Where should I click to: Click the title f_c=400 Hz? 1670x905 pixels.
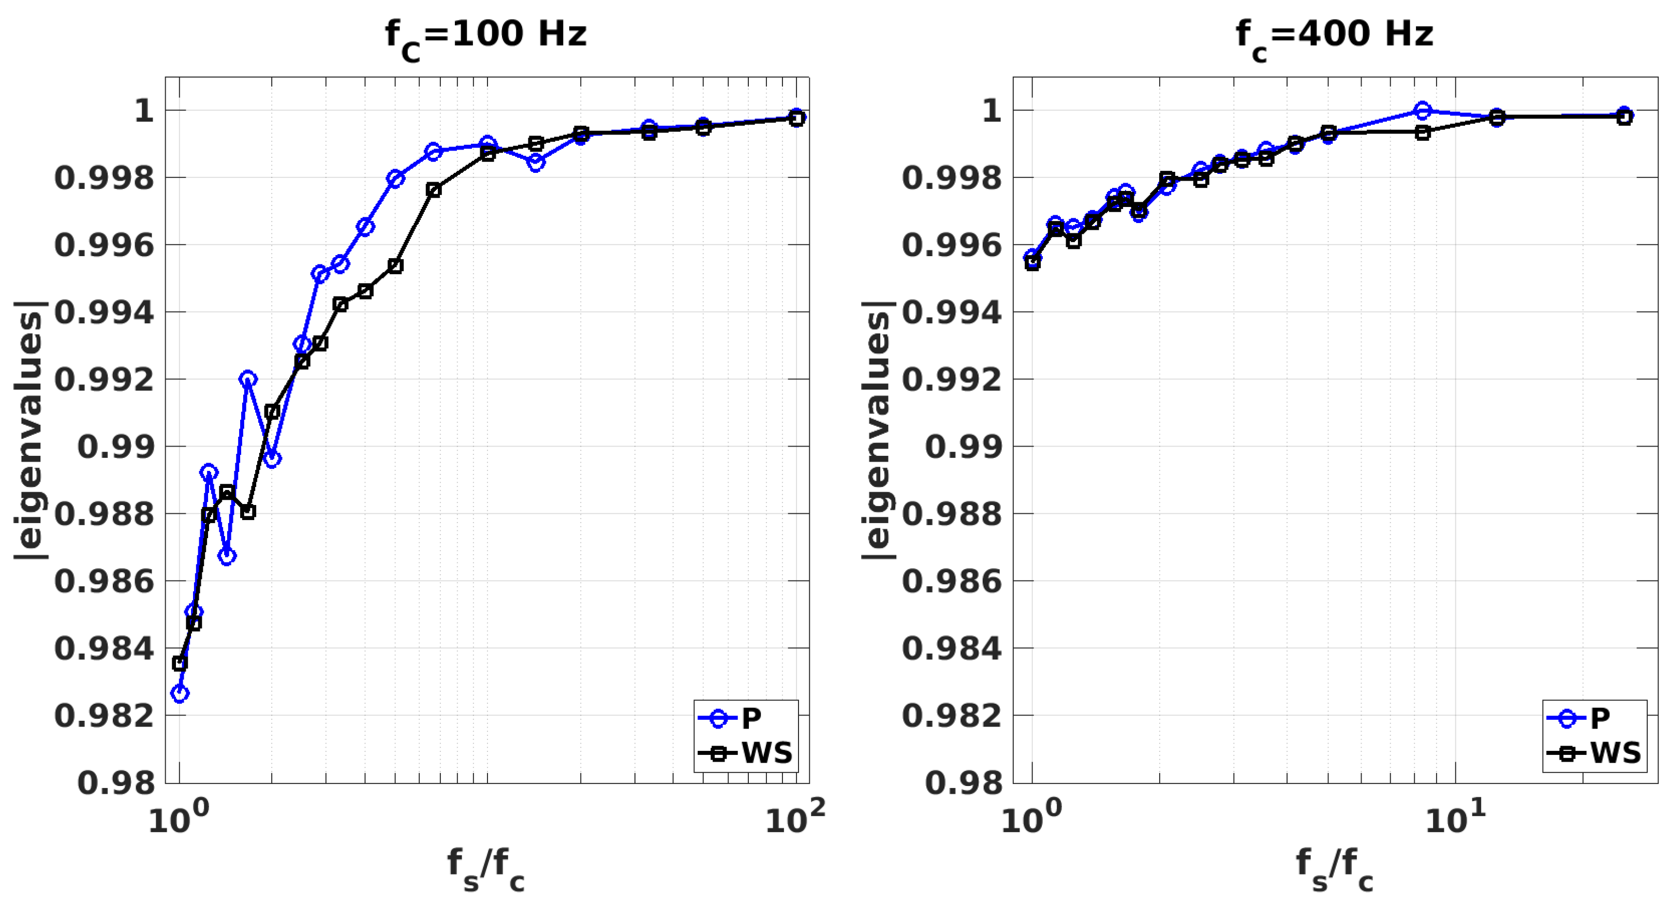click(x=1334, y=35)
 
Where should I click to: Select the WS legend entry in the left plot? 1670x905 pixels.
click(x=746, y=753)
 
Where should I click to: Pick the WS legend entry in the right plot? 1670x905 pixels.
click(x=1594, y=753)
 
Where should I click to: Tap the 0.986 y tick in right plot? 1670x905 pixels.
click(x=952, y=582)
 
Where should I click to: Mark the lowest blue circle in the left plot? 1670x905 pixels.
click(x=180, y=693)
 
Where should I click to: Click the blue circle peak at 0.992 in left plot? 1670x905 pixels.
click(x=248, y=379)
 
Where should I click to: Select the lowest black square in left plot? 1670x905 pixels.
click(x=180, y=663)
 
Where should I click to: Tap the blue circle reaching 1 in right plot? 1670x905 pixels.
click(x=1422, y=111)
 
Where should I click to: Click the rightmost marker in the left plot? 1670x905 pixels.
click(x=797, y=118)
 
